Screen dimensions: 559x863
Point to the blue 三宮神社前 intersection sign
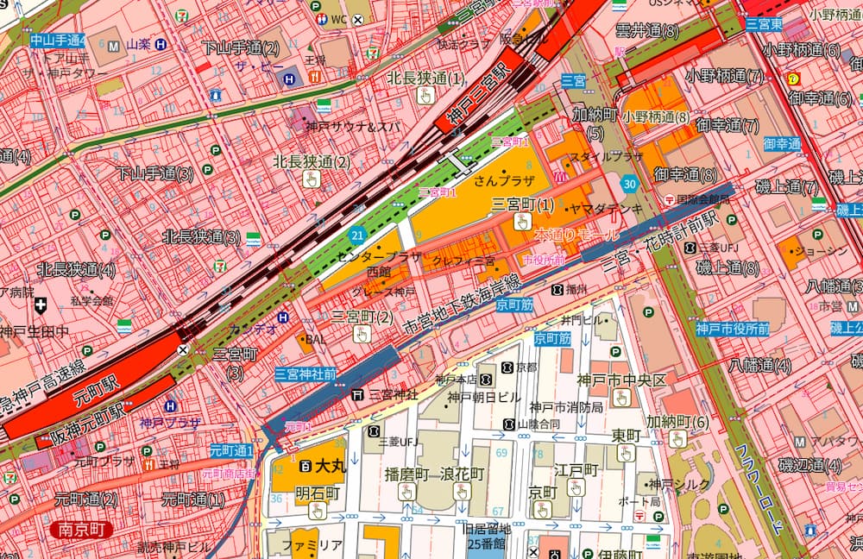[306, 374]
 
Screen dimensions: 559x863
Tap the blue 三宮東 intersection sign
[764, 24]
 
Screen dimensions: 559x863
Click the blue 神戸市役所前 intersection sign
[733, 328]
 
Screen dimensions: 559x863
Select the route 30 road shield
[630, 183]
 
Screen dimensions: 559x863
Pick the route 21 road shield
[357, 234]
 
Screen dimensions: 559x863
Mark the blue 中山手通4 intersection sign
[58, 40]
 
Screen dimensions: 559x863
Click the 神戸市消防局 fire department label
[569, 407]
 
